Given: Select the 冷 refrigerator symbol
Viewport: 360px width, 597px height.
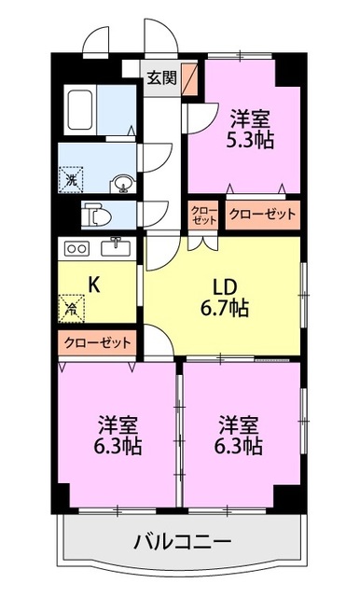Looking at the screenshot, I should tap(72, 306).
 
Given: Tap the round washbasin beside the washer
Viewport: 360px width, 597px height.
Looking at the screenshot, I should tap(121, 183).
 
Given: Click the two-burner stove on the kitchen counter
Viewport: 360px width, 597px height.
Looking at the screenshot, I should tap(77, 248).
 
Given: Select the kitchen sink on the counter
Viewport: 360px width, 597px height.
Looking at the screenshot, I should tap(118, 247).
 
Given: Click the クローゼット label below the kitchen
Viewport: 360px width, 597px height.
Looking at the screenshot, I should tap(98, 342).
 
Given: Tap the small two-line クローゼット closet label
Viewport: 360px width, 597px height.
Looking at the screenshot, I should tap(203, 215).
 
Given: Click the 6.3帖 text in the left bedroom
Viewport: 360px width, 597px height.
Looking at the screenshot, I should tap(118, 446).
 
